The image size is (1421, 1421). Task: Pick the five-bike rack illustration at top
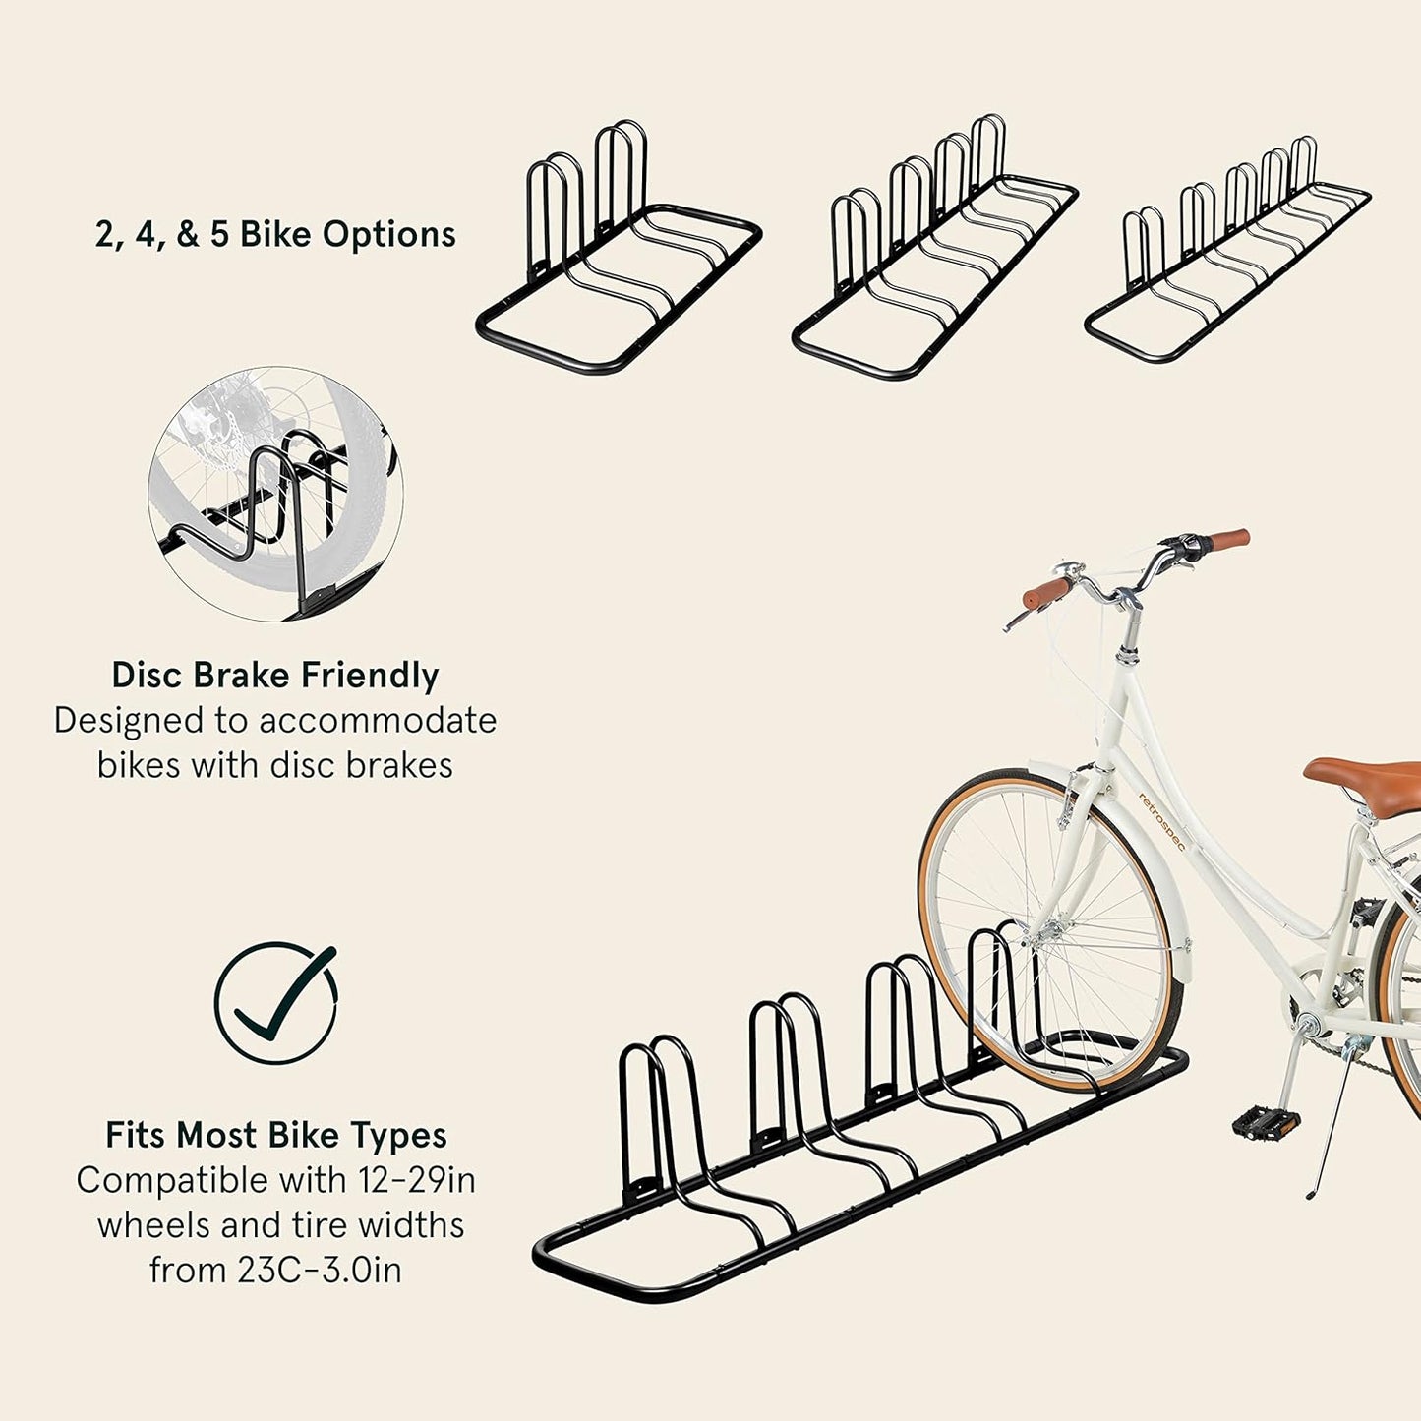pos(1227,252)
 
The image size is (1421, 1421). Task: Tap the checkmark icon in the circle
pos(276,1003)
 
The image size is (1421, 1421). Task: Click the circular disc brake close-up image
pos(276,495)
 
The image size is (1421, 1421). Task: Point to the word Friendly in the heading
pos(370,676)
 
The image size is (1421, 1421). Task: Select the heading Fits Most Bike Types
pos(276,1136)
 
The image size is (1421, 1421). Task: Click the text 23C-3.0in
pos(320,1270)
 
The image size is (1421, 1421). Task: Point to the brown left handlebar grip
pos(1045,593)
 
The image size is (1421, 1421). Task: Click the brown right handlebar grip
pos(1229,539)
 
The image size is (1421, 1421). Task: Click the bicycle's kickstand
pos(1328,1131)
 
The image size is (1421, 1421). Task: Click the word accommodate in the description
pos(379,721)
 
